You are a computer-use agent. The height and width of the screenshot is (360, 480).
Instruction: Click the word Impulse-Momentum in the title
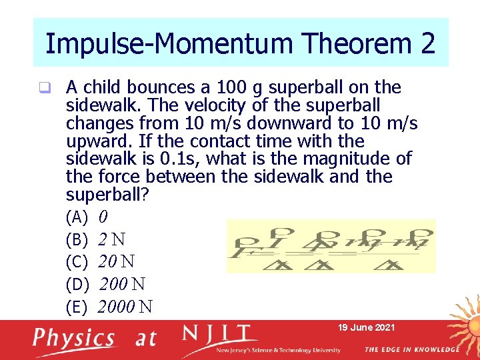[169, 44]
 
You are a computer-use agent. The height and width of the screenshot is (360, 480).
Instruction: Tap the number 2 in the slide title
[427, 44]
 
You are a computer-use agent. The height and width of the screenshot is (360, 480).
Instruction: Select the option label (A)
[77, 217]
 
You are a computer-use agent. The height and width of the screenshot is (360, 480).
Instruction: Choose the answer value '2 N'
[113, 239]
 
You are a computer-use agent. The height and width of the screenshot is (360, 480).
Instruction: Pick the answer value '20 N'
[120, 261]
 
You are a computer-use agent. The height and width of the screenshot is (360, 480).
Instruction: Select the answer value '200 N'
[122, 285]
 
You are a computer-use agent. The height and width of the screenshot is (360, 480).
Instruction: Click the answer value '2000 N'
[125, 307]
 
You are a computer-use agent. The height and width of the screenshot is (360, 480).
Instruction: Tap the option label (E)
[77, 307]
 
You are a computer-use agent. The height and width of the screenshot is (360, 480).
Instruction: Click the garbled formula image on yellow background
[331, 246]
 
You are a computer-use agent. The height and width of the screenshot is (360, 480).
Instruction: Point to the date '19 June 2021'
[367, 327]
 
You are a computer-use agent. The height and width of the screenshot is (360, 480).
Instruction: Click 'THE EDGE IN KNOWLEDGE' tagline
[411, 349]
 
